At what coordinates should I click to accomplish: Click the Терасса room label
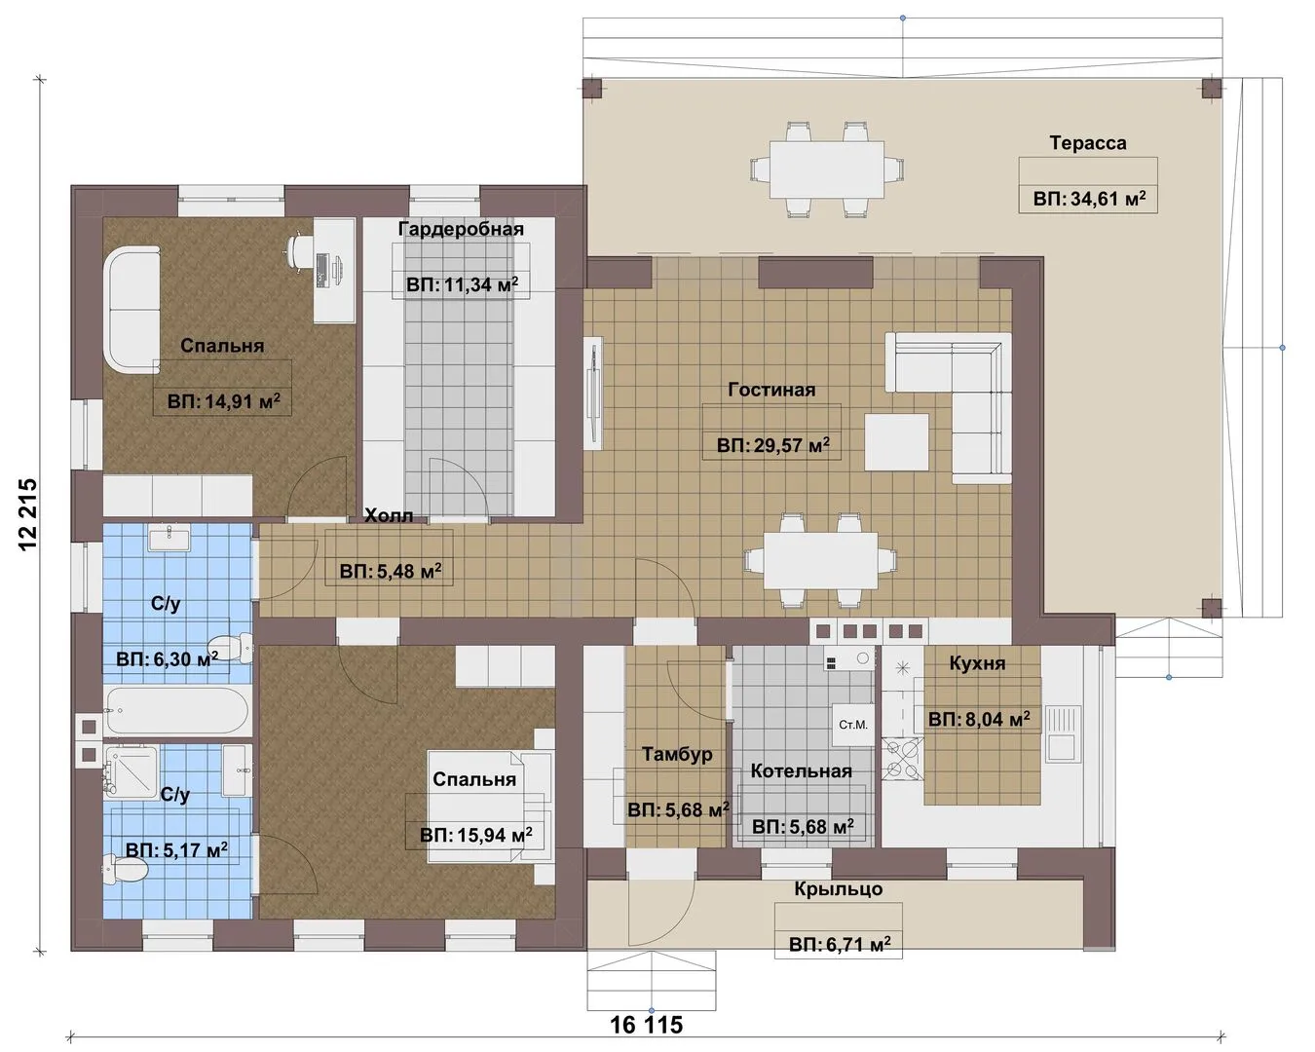tap(1088, 143)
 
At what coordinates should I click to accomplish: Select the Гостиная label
tap(771, 390)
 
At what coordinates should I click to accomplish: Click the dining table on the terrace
tap(827, 169)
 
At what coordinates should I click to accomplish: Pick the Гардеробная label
tap(461, 229)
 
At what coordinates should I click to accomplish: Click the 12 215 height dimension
tap(28, 515)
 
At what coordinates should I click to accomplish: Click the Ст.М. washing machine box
tap(853, 725)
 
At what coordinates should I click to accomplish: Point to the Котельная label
tap(801, 770)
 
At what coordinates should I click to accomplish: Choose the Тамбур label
tap(677, 754)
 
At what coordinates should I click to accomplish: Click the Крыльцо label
tap(839, 888)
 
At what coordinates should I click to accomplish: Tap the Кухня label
tap(977, 663)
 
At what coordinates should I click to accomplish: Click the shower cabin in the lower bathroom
tap(131, 772)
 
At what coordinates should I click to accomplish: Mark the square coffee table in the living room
tap(896, 441)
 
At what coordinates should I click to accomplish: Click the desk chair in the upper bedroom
tap(298, 249)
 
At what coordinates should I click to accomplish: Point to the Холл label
tap(389, 515)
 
